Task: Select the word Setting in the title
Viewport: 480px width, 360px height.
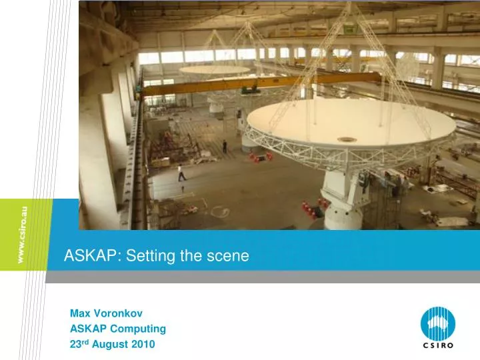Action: click(139, 254)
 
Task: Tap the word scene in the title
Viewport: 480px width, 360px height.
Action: click(229, 254)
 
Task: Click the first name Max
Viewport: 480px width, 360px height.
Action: click(80, 313)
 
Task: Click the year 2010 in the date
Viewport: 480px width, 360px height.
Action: click(141, 345)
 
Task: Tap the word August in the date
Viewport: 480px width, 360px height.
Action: click(108, 345)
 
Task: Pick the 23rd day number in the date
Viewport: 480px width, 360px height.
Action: click(79, 344)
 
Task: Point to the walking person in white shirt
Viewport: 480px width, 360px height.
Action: click(180, 173)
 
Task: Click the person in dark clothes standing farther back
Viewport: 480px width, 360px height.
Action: click(225, 147)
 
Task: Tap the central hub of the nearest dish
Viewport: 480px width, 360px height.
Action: click(347, 139)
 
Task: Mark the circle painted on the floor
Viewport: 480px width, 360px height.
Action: click(219, 211)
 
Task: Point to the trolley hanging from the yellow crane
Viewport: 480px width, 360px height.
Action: click(250, 89)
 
